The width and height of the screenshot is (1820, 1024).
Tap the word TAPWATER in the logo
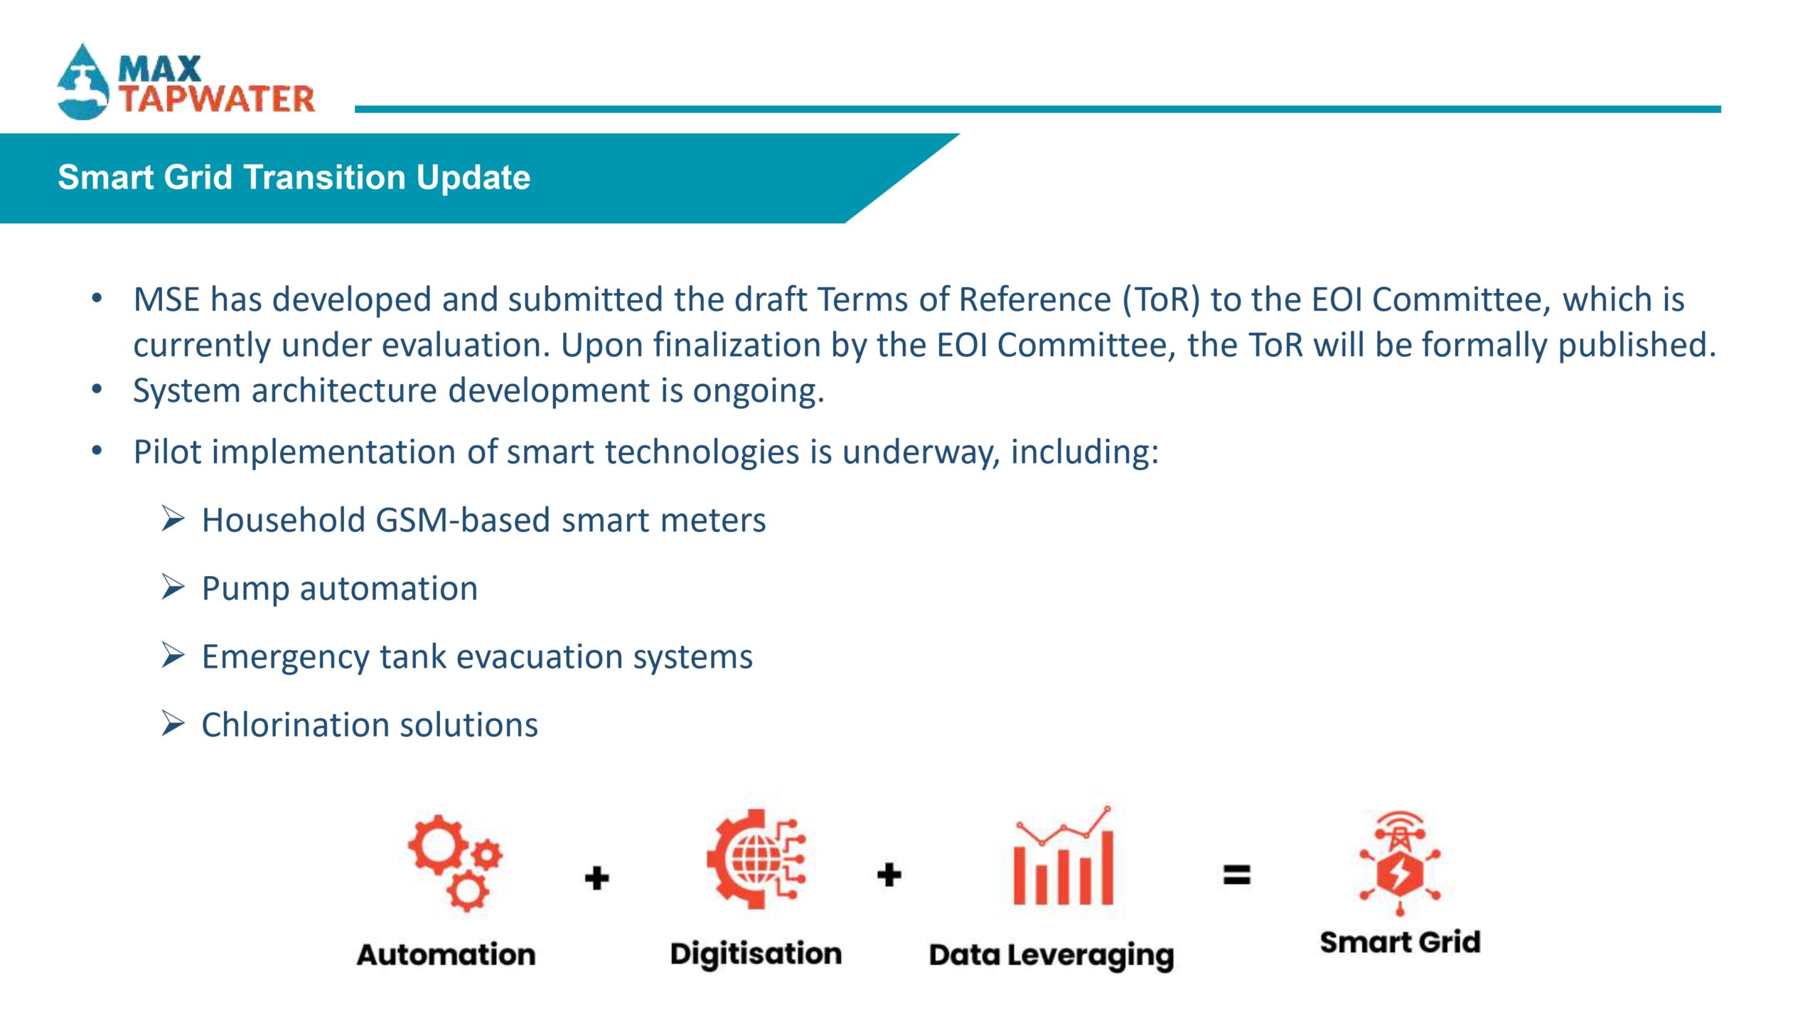point(217,99)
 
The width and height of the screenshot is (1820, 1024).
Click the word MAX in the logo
point(160,69)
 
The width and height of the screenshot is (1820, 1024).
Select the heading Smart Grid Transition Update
point(294,177)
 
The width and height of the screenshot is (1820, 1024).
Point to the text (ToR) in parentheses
point(1161,299)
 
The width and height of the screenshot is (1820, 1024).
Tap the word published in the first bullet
point(1639,346)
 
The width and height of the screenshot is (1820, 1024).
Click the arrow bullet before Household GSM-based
point(173,519)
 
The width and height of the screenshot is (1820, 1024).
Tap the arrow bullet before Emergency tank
point(173,656)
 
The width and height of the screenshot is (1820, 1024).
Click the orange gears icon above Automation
point(455,863)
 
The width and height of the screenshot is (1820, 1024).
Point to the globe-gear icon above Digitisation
point(756,859)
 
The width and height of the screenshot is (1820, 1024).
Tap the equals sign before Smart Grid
point(1237,875)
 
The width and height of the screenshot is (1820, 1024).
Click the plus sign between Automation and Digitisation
point(597,878)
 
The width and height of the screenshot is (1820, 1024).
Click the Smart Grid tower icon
point(1400,863)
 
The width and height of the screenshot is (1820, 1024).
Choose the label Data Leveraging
point(1051,956)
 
